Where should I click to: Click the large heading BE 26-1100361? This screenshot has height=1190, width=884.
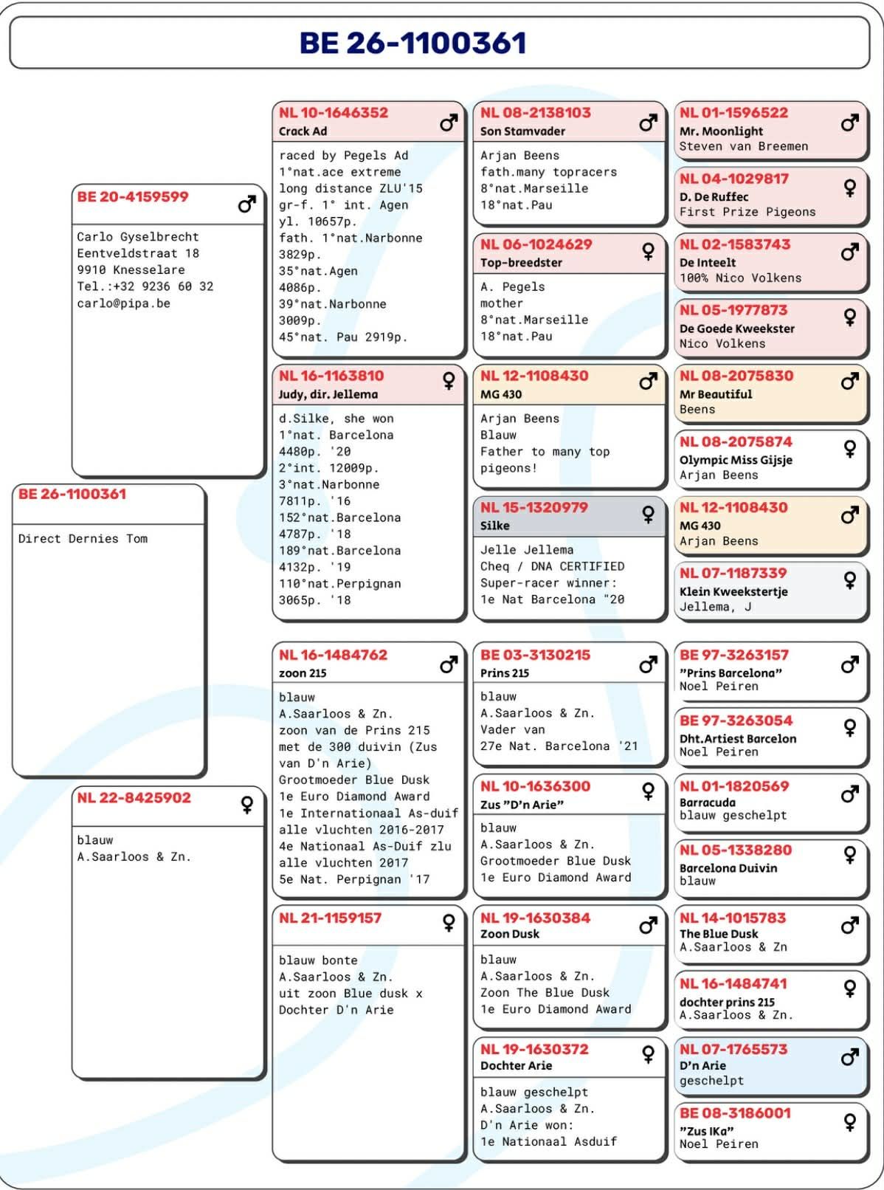tap(412, 43)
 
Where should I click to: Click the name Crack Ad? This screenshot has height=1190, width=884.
tap(303, 131)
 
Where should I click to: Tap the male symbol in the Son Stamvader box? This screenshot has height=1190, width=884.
tap(648, 123)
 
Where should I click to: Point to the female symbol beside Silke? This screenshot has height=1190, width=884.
tap(648, 515)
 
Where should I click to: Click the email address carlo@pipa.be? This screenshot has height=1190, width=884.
tap(123, 303)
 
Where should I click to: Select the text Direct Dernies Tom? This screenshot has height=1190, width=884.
tap(83, 539)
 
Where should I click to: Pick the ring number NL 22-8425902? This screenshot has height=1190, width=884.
tap(134, 798)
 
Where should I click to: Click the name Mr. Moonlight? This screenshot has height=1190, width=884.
tap(721, 131)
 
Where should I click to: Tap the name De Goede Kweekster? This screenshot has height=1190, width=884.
tap(736, 329)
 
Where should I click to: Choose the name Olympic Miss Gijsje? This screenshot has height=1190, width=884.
tap(736, 460)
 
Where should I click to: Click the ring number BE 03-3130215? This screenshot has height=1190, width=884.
tap(535, 655)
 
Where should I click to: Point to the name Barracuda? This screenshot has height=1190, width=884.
tap(707, 802)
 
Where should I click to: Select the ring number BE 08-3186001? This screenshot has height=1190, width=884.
tap(734, 1113)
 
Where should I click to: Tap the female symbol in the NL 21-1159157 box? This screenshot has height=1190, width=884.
tap(449, 922)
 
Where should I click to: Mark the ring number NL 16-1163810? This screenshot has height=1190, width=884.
tap(331, 376)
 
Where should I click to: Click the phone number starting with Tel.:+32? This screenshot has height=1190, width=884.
tap(145, 286)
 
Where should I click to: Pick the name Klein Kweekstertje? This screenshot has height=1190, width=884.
tap(733, 591)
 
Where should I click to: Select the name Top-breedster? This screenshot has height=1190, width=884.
tap(521, 263)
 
